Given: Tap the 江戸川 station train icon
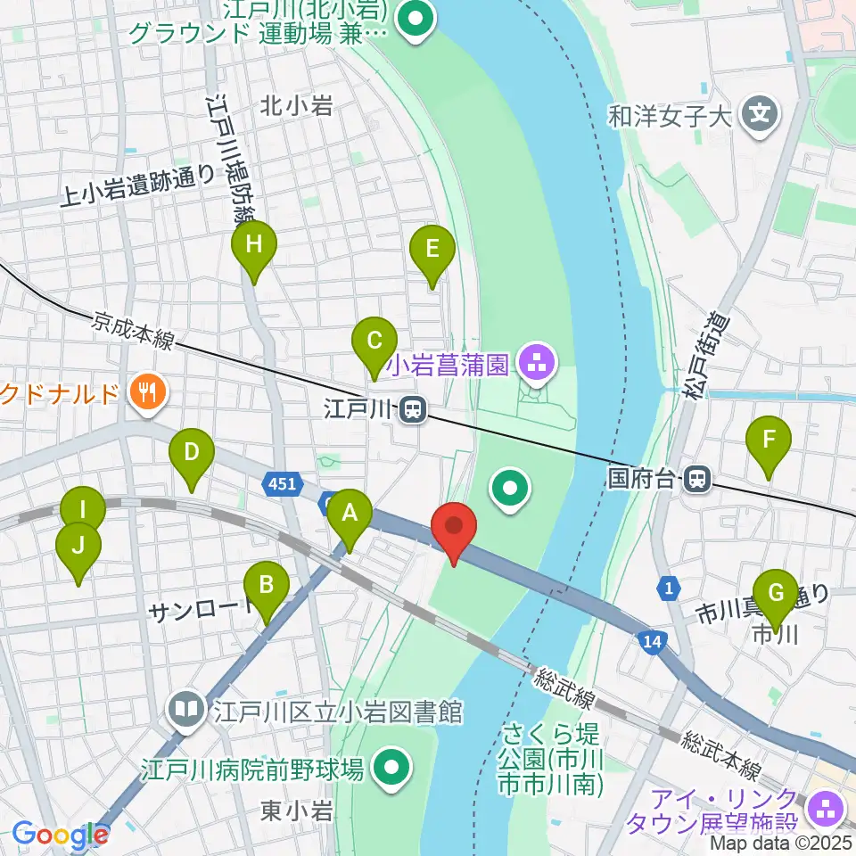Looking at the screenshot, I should (x=412, y=410).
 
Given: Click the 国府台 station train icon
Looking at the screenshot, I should (x=697, y=481).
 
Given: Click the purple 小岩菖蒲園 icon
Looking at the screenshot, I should (x=538, y=363).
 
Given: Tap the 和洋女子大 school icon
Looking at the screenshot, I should (x=760, y=115).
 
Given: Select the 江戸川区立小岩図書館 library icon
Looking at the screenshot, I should (x=187, y=711).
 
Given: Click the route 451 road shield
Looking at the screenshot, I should (x=281, y=483).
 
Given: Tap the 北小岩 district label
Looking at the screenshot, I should (x=296, y=106).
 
